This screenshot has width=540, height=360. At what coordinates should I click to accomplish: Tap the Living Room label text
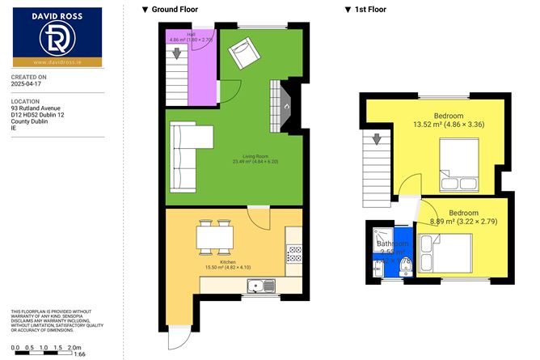[x=255, y=159]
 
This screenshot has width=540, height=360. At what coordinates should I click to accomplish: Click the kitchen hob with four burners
[x=294, y=253]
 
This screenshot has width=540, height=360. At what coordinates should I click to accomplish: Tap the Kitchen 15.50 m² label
[x=232, y=266]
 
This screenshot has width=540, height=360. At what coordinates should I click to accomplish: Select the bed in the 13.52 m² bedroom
[x=458, y=163]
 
